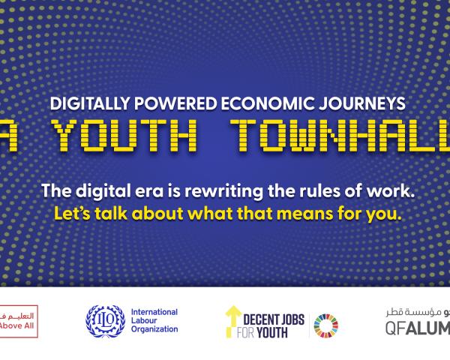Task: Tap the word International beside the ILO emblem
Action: pos(154,311)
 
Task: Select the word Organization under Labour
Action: pos(154,329)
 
